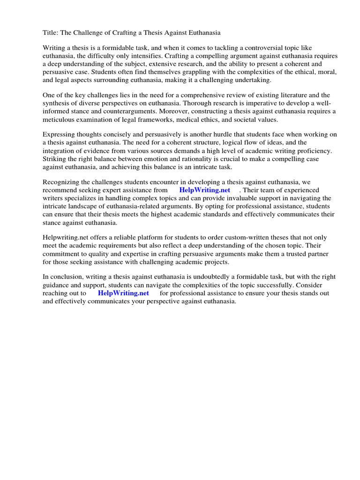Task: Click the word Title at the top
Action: (51, 33)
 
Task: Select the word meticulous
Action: (60, 119)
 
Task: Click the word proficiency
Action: (311, 150)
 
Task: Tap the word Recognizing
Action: (62, 182)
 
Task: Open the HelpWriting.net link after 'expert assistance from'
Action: (205, 190)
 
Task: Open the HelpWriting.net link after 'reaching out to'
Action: (123, 293)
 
